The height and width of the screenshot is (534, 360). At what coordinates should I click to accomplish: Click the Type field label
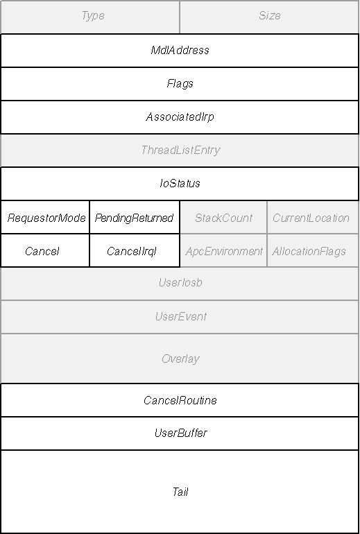[x=93, y=16]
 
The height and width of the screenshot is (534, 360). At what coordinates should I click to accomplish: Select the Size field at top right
[x=269, y=16]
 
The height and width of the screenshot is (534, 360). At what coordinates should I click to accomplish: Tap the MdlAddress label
[x=180, y=51]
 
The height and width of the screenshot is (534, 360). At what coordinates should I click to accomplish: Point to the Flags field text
[x=180, y=84]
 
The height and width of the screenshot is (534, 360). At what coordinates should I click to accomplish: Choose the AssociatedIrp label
[x=180, y=117]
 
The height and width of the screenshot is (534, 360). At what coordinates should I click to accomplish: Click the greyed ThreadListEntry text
[x=180, y=150]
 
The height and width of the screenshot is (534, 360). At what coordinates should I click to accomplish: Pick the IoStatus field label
[x=180, y=184]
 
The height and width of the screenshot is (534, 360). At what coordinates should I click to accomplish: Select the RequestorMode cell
[x=46, y=218]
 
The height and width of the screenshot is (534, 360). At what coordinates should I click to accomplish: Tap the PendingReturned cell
[x=135, y=218]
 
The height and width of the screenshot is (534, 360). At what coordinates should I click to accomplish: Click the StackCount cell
[x=223, y=218]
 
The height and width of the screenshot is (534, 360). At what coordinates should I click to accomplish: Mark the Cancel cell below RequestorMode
[x=46, y=250]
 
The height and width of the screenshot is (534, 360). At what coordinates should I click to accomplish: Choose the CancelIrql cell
[x=135, y=250]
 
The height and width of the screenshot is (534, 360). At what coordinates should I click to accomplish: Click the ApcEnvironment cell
[x=223, y=250]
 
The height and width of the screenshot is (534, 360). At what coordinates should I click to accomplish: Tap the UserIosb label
[x=180, y=283]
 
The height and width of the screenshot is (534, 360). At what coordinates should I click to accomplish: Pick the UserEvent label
[x=180, y=317]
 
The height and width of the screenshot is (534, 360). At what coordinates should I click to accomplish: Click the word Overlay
[x=180, y=359]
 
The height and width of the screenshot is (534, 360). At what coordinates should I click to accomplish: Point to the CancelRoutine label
[x=180, y=400]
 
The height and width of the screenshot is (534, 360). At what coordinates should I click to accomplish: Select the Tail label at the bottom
[x=180, y=492]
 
